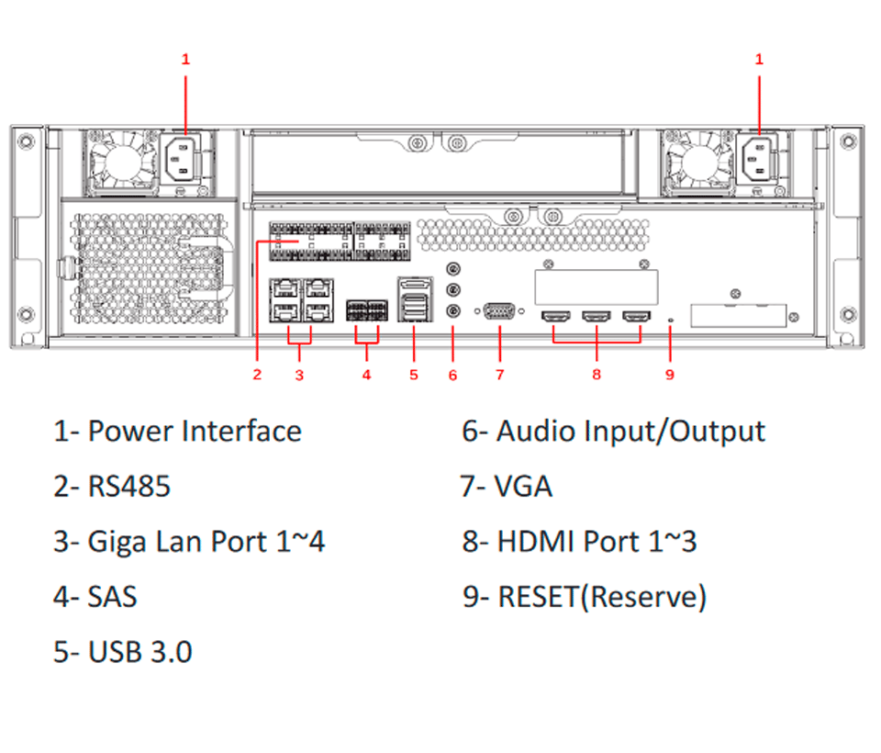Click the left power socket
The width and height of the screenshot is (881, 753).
[x=181, y=159]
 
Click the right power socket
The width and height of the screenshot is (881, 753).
[x=756, y=159]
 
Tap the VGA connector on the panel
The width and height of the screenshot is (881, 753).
[x=499, y=311]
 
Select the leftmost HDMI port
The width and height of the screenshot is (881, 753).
[x=555, y=317]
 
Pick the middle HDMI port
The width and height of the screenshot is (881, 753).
[x=597, y=317]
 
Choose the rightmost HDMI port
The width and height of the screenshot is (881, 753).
[x=637, y=317]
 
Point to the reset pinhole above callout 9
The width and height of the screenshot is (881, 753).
[x=670, y=320]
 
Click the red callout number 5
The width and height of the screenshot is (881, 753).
[x=414, y=375]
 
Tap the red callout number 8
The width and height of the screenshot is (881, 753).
[x=597, y=375]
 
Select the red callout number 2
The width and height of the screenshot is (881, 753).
[x=257, y=375]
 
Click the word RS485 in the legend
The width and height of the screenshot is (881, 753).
[x=128, y=487]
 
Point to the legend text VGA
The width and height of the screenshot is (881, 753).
[x=522, y=487]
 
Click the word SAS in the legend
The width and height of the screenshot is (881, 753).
[x=112, y=597]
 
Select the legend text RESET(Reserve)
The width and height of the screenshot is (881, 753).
[x=602, y=597]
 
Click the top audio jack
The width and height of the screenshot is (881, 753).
[x=452, y=269]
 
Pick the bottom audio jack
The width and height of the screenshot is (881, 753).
[x=452, y=310]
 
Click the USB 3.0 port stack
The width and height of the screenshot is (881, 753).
[x=415, y=299]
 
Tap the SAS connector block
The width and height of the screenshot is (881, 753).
[x=366, y=310]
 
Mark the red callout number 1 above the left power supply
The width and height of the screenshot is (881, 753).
[x=185, y=59]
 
